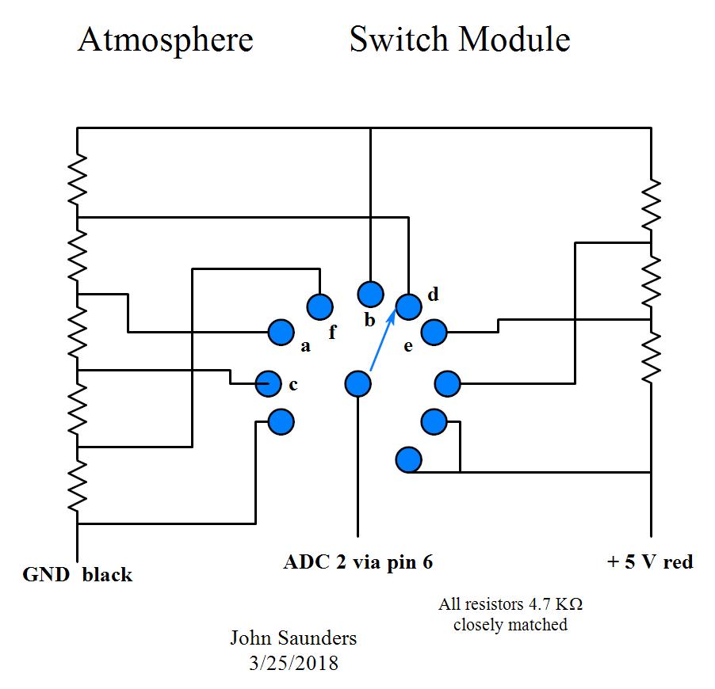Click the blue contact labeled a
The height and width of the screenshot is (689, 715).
(281, 332)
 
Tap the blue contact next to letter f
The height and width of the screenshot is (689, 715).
(319, 306)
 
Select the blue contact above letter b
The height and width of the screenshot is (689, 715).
(370, 294)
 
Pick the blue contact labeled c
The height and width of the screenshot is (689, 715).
(269, 384)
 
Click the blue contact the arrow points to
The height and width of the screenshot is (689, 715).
(408, 306)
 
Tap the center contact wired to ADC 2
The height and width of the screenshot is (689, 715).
(358, 384)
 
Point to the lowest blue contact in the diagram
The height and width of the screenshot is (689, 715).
(408, 459)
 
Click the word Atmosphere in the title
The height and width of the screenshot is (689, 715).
(165, 40)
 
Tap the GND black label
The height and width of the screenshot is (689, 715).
(78, 574)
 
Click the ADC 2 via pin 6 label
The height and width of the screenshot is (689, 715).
(358, 562)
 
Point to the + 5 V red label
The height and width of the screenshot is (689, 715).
(650, 562)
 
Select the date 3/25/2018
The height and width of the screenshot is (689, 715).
(293, 663)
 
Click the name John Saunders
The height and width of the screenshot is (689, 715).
(293, 638)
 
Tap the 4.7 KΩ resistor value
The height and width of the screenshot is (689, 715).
(554, 604)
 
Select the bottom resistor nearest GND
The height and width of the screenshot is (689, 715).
(77, 485)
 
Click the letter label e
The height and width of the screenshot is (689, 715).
(408, 346)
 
